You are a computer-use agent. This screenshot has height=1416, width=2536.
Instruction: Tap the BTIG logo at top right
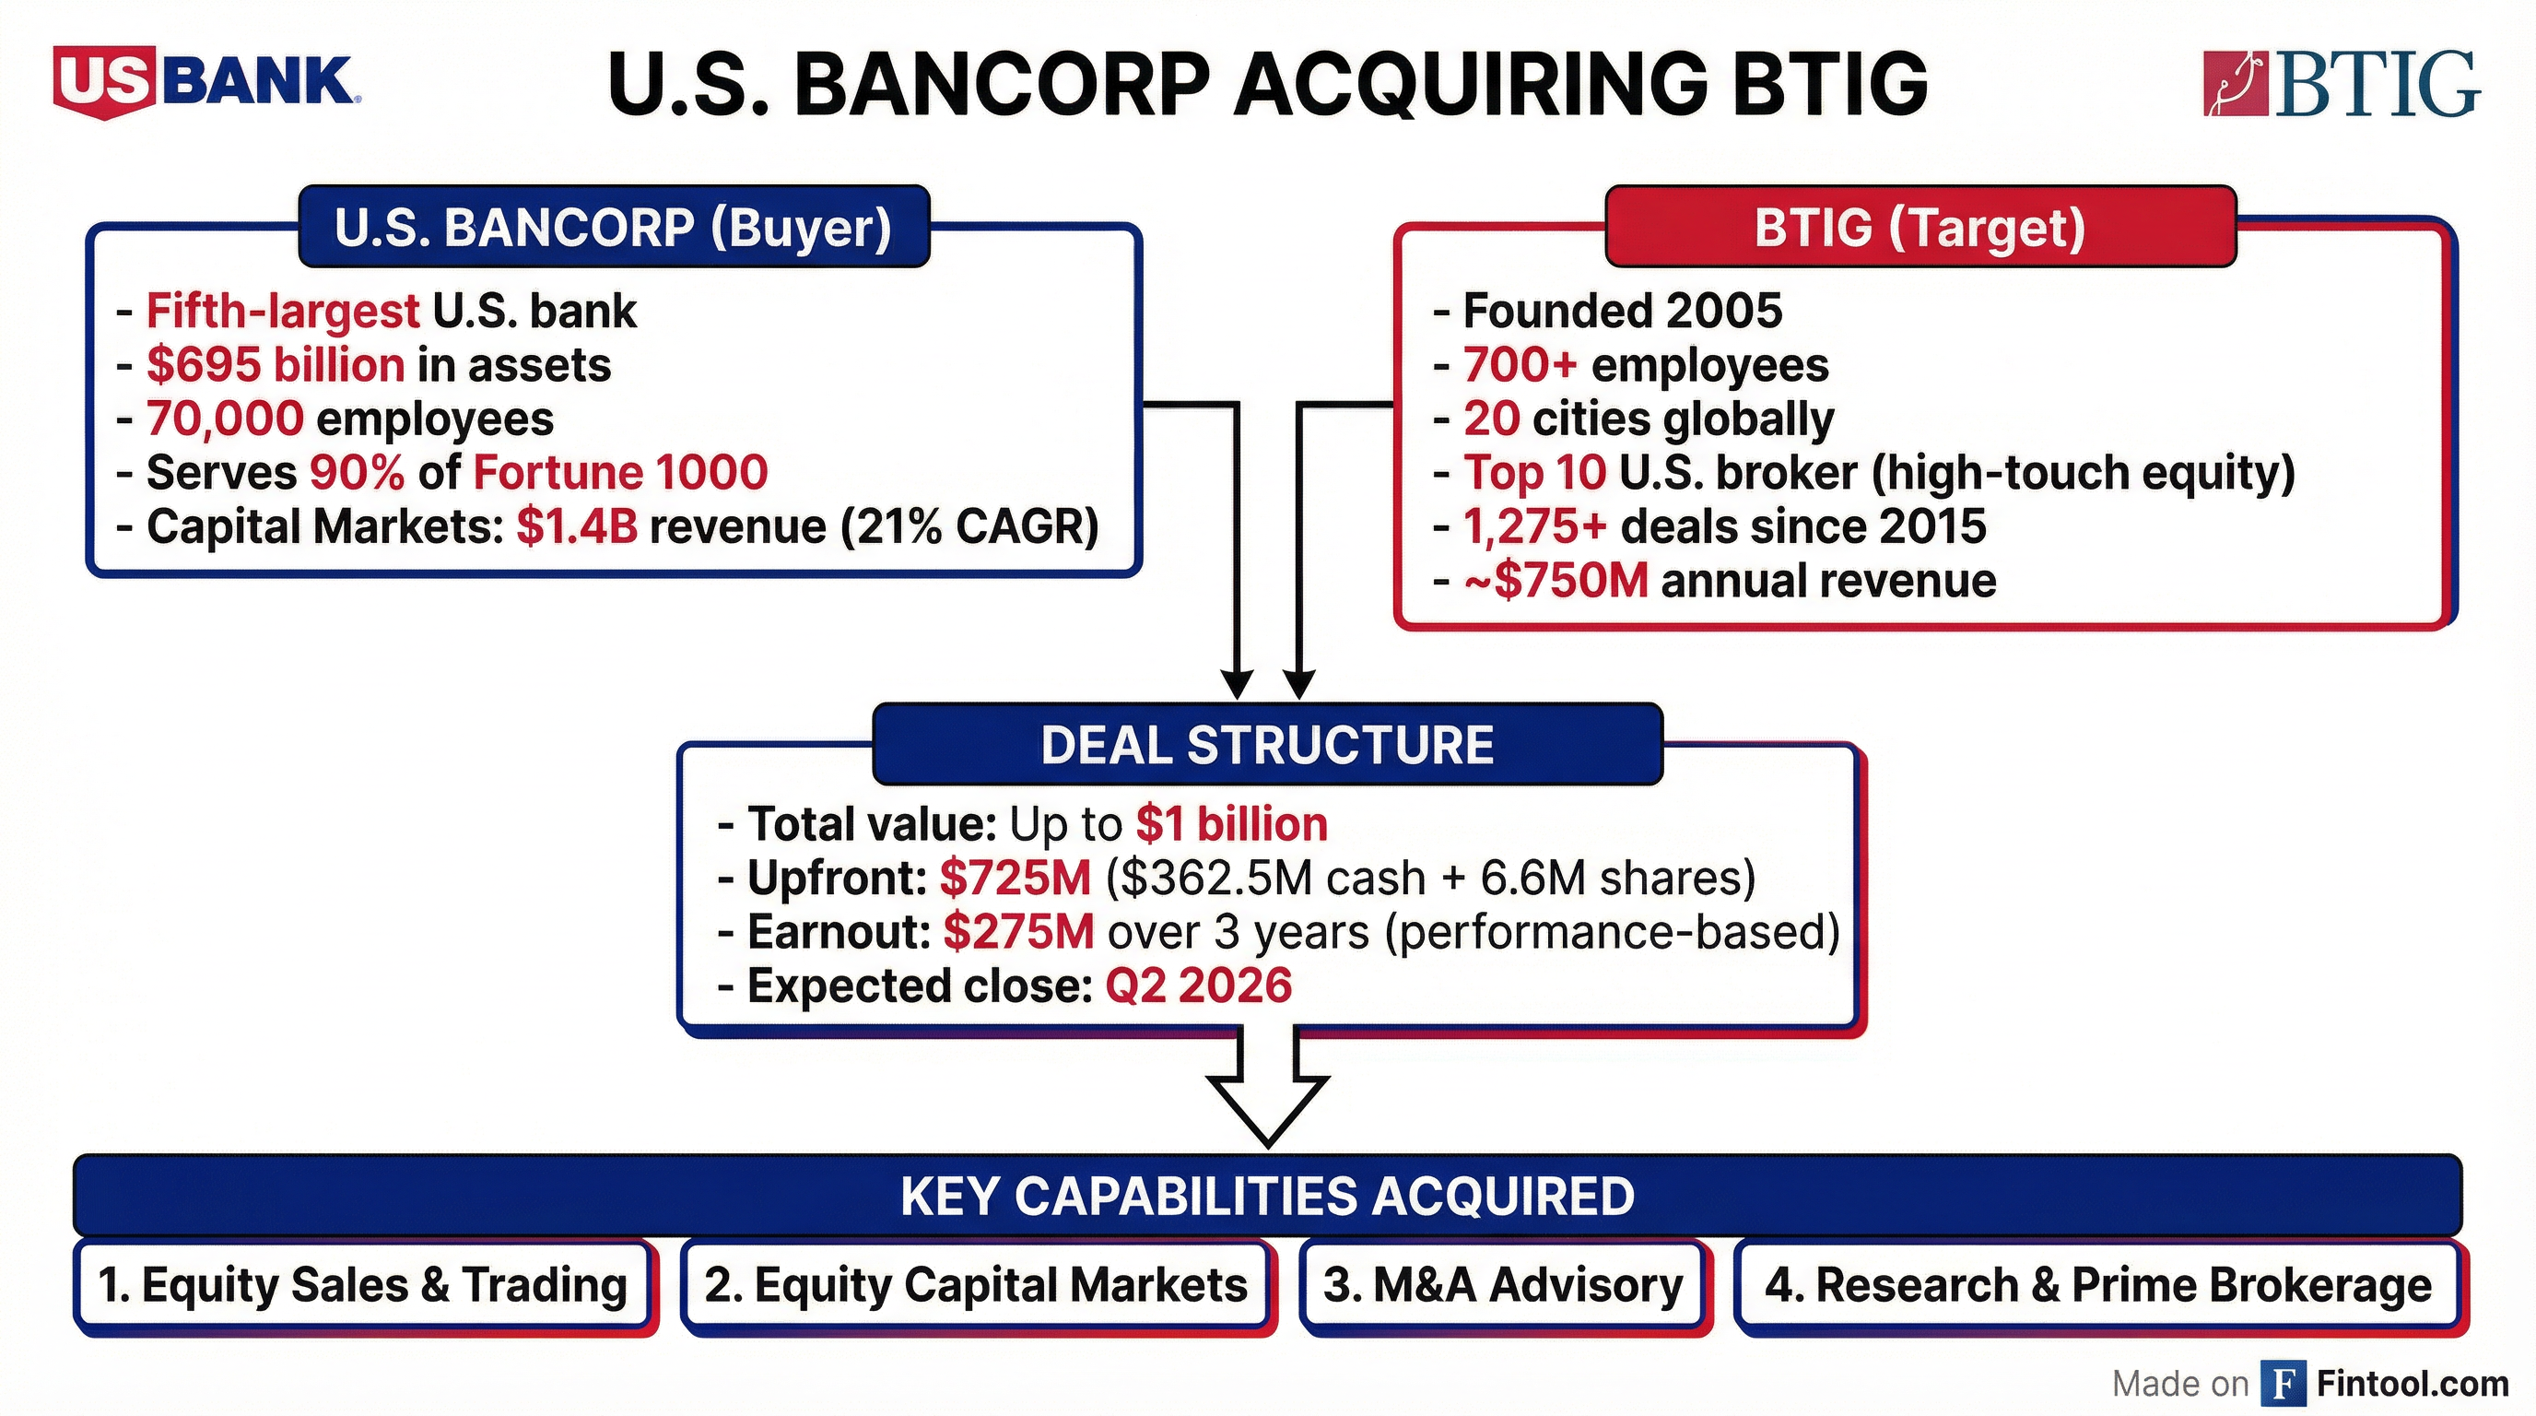pos(2341,86)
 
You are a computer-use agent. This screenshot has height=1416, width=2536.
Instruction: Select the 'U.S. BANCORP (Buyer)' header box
pos(614,228)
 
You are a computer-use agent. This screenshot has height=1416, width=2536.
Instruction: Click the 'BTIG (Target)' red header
pos(1920,228)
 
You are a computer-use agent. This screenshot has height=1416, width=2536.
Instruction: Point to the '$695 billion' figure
pos(275,365)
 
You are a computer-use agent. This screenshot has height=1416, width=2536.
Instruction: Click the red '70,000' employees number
pos(225,419)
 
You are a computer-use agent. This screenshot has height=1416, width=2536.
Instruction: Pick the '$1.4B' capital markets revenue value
pos(576,526)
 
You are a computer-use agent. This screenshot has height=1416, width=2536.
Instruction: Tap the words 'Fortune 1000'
pos(620,473)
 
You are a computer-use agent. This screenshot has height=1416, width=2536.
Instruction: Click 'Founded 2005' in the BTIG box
pos(1622,312)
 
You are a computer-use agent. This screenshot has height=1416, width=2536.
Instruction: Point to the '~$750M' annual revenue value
pos(1556,581)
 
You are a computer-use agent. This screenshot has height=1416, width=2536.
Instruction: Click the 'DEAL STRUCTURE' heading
pos(1267,746)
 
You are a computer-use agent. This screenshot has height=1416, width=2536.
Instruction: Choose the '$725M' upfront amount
pos(1015,879)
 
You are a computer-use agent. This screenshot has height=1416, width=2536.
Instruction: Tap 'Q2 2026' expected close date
pos(1198,985)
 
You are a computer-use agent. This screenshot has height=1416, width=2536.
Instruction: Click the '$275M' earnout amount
pos(1018,931)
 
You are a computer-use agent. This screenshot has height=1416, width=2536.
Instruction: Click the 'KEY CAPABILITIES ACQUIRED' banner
pos(1267,1197)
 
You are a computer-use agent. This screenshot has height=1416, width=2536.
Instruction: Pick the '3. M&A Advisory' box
pos(1502,1286)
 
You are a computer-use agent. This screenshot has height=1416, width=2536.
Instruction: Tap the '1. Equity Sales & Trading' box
pos(362,1286)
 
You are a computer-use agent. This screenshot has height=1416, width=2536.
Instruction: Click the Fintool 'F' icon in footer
pos(2283,1384)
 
